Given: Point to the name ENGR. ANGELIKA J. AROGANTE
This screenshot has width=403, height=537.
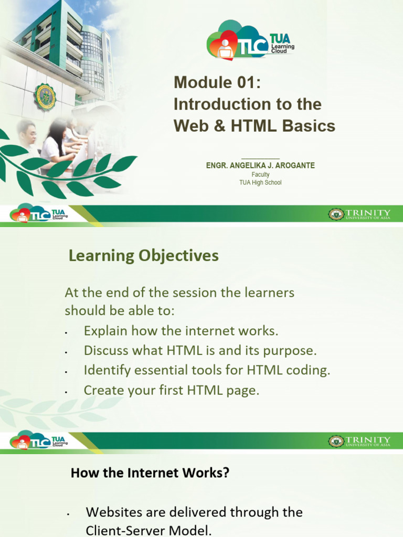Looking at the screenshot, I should coord(260,166).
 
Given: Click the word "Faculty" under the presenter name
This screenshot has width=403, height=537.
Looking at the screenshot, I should coord(260,175).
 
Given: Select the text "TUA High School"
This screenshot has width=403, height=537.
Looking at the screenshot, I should coord(260,182).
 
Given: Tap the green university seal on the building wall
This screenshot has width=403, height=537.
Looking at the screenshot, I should coord(45,96).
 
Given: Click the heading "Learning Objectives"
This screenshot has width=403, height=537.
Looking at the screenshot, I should coord(143,256).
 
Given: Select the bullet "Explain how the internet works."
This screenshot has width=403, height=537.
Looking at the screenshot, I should coord(181,331).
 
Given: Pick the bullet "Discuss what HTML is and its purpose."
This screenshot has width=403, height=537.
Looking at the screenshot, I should coord(200,350).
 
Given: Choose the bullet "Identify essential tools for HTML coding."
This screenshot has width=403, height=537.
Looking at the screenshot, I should coord(207,370).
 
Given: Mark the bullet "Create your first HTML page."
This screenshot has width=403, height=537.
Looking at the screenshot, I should coord(171,390).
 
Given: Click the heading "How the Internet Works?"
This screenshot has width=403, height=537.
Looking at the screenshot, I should coord(150,473).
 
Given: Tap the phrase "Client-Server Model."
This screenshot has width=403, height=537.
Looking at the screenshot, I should coord(149,530).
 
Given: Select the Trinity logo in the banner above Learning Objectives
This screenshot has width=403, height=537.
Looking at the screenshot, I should coord(360,214).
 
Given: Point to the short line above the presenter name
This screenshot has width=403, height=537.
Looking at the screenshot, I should coord(260,158).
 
